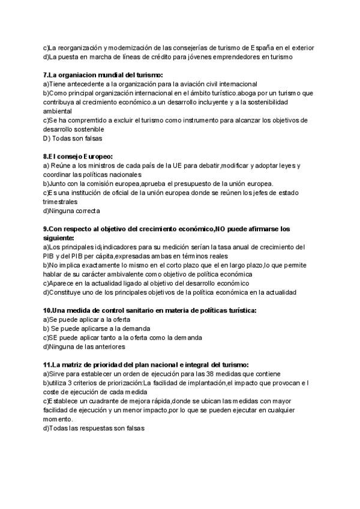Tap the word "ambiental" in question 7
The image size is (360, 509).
point(58,111)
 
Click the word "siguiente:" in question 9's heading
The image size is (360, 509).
point(61,238)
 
